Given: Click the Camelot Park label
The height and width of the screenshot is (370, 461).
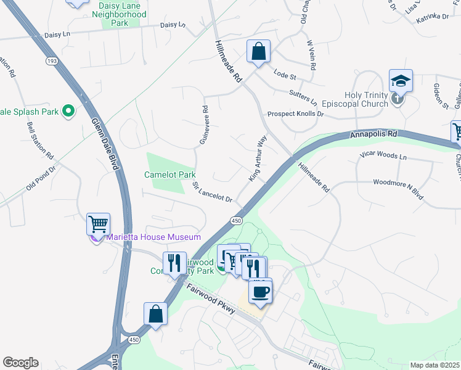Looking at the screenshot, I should [169, 175].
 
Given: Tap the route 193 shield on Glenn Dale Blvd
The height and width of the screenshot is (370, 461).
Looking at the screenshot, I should [51, 60].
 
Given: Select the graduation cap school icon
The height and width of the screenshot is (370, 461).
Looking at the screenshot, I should [400, 81].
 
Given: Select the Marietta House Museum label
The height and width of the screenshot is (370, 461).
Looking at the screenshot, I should [154, 237].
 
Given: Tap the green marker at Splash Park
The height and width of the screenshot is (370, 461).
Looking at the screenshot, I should [68, 112].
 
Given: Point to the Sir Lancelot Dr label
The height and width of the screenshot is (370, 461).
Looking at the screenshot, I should [212, 192].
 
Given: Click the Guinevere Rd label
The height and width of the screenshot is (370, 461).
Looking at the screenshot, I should [204, 125].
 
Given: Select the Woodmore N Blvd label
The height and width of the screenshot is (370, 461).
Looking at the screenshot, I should [398, 188].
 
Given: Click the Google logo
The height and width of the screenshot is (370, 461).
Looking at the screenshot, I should [20, 363].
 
